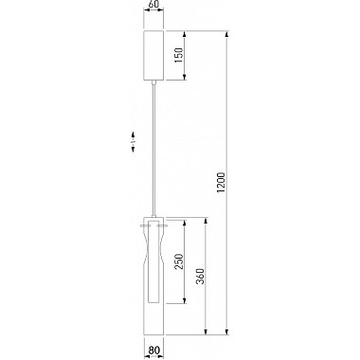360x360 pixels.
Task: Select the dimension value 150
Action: [192, 54]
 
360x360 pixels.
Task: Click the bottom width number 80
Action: [153, 352]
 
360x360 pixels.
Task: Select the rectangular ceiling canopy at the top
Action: [153, 54]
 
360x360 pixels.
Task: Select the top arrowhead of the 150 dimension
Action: [185, 31]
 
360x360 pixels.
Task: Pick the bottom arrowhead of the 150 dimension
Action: [185, 79]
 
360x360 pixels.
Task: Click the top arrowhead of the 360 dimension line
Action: [208, 221]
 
